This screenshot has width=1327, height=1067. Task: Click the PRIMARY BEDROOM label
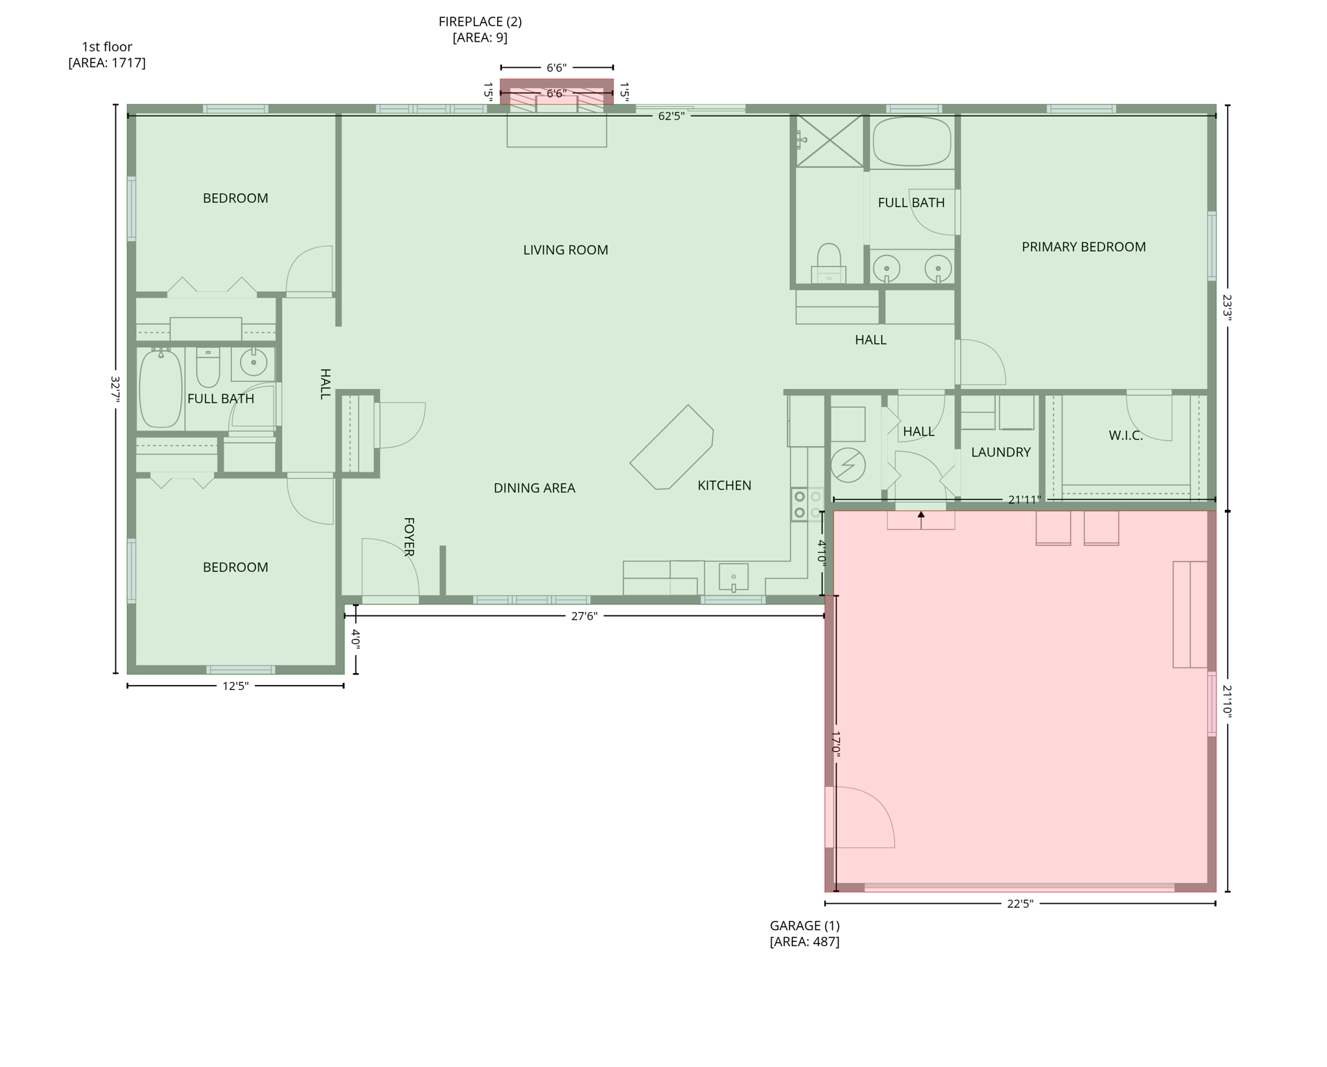pos(1083,247)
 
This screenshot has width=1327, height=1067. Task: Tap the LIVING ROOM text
pos(565,250)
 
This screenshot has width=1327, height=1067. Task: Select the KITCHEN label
pos(724,486)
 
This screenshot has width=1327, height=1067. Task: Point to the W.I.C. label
pos(1125,436)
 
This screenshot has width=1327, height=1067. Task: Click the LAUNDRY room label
pos(1000,452)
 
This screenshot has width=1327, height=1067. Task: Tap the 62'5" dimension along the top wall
pos(671,116)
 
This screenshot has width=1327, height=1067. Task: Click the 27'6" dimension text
pos(583,616)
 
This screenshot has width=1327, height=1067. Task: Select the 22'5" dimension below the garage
pos(1019,904)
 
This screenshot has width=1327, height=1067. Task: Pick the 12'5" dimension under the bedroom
pos(235,686)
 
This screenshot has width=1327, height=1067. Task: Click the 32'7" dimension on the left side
pos(116,389)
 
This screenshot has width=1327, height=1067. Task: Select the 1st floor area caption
pos(107,55)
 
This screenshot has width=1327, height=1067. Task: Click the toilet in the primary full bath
pos(828,263)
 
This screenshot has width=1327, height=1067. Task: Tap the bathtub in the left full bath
pos(160,389)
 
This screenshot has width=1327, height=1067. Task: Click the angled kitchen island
pos(671,447)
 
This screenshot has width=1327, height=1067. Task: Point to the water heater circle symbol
pos(847,465)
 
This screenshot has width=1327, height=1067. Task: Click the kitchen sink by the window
pos(733,577)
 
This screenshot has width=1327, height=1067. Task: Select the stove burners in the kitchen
pos(800,505)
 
